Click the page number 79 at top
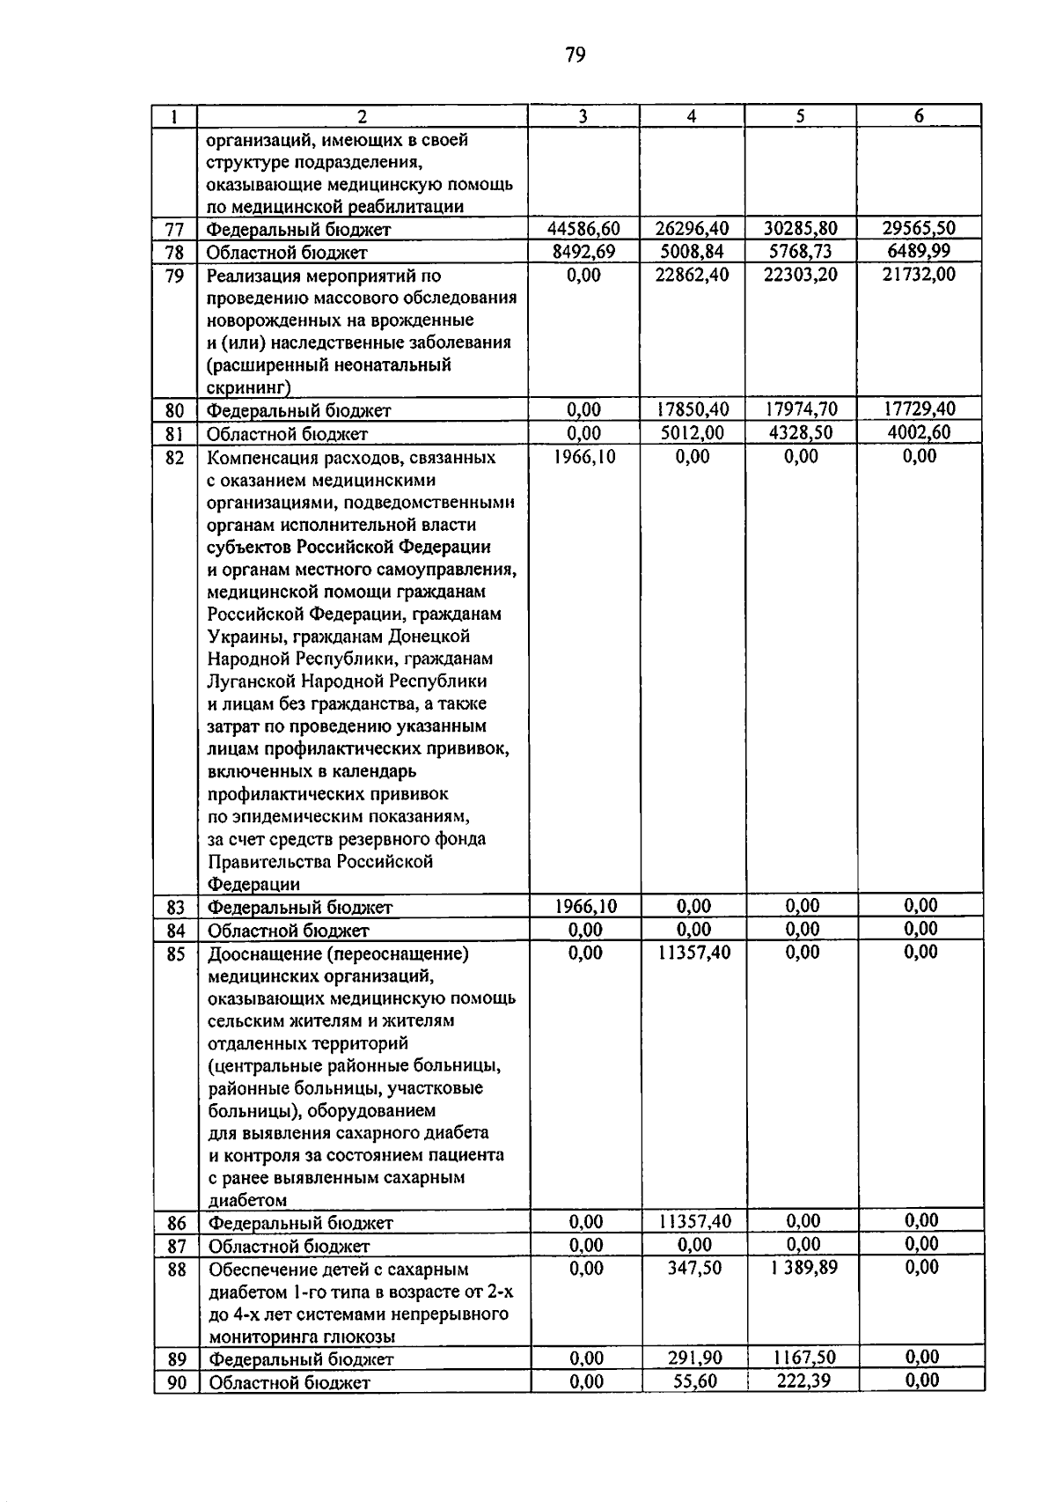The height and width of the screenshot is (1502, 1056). click(575, 56)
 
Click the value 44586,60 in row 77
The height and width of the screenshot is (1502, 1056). click(583, 229)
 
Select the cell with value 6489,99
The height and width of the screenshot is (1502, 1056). click(919, 252)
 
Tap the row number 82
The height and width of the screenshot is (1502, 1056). click(175, 457)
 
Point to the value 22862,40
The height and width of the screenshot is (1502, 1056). click(693, 276)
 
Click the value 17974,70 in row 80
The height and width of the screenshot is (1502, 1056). click(801, 409)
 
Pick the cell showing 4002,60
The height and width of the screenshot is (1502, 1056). click(919, 432)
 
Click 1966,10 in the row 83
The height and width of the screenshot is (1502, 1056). click(586, 906)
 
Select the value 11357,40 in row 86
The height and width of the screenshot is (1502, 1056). click(694, 1221)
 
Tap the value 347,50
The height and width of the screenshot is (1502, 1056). click(694, 1268)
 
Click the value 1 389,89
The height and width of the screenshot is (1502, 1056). click(801, 1268)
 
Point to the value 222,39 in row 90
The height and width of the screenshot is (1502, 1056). click(803, 1381)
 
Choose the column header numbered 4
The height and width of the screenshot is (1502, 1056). click(692, 116)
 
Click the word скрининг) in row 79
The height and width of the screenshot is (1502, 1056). click(248, 387)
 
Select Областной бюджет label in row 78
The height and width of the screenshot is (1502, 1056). click(287, 253)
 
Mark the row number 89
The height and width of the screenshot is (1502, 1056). click(177, 1358)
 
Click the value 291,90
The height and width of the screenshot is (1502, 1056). click(694, 1358)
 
